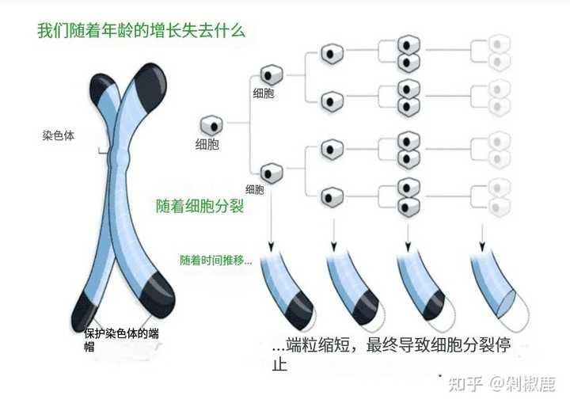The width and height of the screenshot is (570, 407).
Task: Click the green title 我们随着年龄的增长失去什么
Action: click(141, 32)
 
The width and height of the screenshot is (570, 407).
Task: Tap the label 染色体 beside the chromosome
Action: click(59, 135)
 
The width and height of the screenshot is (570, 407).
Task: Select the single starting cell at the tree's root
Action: click(211, 125)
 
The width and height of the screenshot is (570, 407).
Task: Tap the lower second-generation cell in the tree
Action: click(270, 170)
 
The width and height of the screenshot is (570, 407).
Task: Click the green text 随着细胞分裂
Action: click(199, 207)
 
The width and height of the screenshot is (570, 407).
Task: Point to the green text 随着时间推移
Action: click(215, 260)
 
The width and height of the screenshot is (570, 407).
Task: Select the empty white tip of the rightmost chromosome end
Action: click(507, 309)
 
